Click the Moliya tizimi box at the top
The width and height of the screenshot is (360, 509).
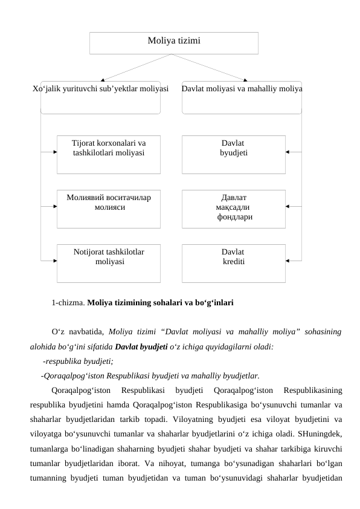click(174, 42)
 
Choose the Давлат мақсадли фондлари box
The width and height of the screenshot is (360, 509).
click(233, 209)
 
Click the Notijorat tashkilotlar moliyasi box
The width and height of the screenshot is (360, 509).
click(109, 263)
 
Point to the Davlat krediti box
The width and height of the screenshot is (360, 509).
click(233, 263)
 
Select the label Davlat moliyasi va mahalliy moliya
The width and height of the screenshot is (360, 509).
click(242, 89)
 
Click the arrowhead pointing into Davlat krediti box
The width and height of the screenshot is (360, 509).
click(289, 261)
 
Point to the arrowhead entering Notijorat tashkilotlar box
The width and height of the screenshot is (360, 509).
click(54, 261)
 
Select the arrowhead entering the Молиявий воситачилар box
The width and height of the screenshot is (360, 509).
click(54, 206)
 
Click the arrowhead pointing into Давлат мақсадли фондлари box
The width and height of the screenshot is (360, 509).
click(289, 206)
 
